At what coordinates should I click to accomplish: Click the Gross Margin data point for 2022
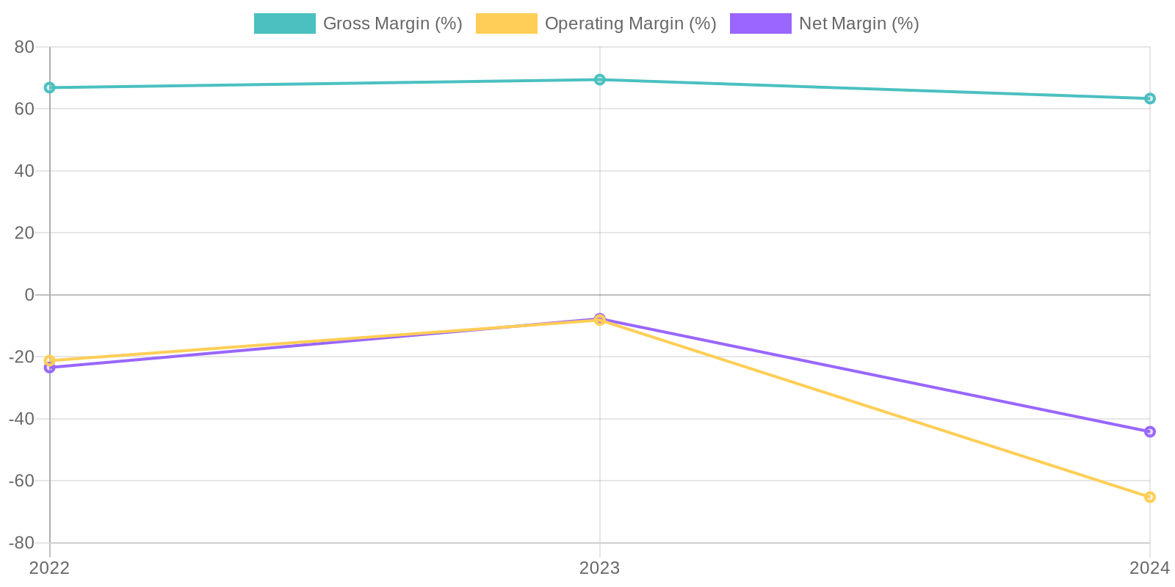50,88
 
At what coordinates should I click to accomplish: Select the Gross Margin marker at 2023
600,80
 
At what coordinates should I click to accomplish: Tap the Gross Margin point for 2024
1150,99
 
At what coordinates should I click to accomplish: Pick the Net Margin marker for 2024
1150,432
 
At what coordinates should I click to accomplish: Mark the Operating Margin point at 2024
1150,497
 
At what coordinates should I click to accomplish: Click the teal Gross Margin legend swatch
284,23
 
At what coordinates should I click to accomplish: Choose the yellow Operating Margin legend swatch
506,23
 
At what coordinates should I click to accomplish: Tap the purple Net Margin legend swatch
760,23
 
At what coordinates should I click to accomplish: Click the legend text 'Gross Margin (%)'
392,23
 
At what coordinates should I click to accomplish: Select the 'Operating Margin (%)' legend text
630,23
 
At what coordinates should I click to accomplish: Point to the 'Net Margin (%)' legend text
858,23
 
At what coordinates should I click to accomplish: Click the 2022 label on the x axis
50,568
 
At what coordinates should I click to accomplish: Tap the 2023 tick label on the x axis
600,568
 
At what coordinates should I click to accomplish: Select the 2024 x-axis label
1149,568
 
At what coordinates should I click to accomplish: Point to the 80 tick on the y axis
24,47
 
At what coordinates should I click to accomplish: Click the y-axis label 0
29,295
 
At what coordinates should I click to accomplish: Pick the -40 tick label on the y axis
21,419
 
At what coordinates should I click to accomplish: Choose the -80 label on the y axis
21,543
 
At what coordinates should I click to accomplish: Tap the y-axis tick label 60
24,109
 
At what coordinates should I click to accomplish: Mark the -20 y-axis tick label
21,357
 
